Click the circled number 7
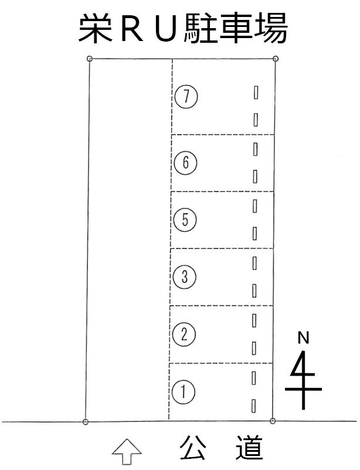(x=186, y=97)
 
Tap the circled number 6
(x=186, y=163)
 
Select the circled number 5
(x=185, y=219)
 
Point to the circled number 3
(x=185, y=277)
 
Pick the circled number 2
(x=184, y=334)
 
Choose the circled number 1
(x=184, y=392)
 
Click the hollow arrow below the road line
(x=127, y=452)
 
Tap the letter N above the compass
(x=304, y=338)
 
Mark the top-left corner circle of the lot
(x=89, y=59)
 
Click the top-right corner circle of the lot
(x=276, y=59)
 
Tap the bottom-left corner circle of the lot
(x=86, y=422)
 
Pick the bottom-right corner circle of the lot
(x=273, y=421)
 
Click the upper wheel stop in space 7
(x=256, y=93)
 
